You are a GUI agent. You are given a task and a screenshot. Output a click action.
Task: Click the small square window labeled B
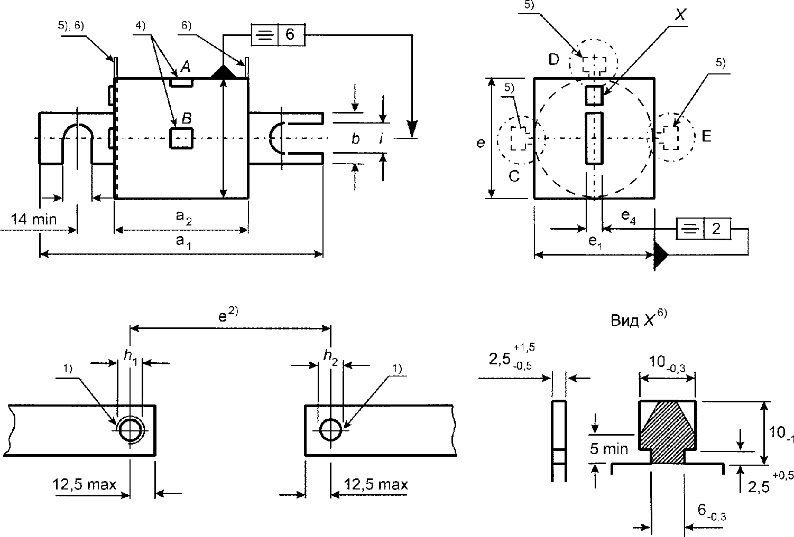[x=181, y=138]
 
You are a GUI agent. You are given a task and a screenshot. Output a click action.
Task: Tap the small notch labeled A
[x=181, y=82]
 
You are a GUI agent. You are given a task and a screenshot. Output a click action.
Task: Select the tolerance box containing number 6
[x=278, y=35]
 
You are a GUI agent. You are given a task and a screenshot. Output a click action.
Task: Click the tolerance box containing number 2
[x=704, y=229]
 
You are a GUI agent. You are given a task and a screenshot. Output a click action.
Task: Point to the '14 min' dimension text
[x=34, y=220]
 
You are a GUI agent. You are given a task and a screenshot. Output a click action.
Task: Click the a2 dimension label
[x=183, y=217]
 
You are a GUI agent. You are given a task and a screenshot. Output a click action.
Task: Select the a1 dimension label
[x=183, y=242]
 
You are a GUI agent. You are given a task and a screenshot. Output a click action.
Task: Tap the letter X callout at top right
[x=680, y=14]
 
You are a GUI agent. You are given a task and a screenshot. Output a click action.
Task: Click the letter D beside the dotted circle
[x=553, y=60]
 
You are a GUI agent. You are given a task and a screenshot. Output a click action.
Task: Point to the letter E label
[x=706, y=136]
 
